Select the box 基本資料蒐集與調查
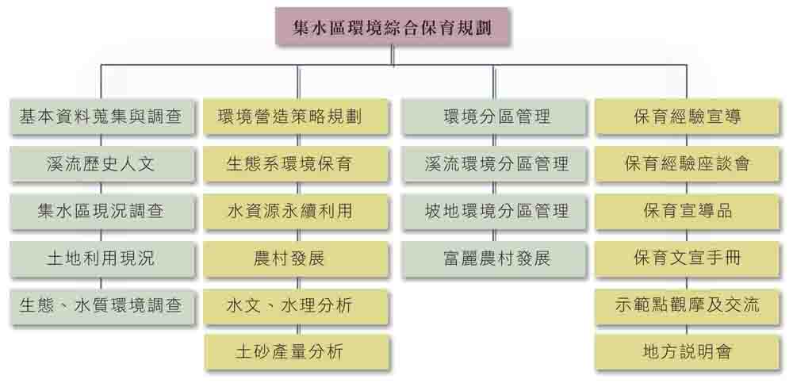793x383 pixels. point(100,117)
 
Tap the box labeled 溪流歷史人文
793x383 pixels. point(100,164)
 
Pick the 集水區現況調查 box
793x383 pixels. point(100,211)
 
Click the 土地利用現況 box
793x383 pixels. point(100,258)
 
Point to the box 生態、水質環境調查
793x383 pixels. point(100,304)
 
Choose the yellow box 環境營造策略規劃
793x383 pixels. point(297,117)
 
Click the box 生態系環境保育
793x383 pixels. point(297,164)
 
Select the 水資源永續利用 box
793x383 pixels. point(297,211)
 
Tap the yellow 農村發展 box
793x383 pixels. point(297,258)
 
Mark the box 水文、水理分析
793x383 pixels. point(297,304)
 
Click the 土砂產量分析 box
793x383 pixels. point(297,350)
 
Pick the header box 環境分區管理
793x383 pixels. point(496,117)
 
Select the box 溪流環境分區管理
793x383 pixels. point(496,164)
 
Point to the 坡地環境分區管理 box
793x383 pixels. point(496,211)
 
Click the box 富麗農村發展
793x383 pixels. point(496,258)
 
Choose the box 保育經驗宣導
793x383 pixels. point(687,117)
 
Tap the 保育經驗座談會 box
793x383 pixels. point(687,164)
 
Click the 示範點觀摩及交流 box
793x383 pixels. point(687,304)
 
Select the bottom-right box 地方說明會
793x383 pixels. point(687,350)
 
